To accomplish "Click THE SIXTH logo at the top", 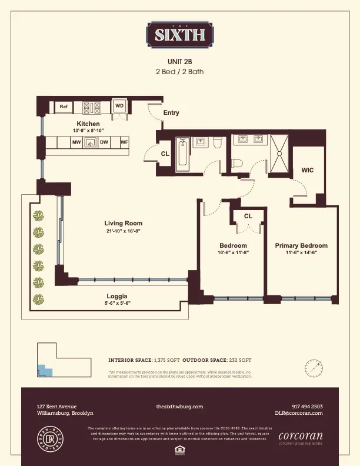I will (x=180, y=34).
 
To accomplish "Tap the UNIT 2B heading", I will (x=180, y=61).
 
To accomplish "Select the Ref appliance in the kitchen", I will (x=64, y=106).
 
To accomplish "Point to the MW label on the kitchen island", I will (x=76, y=142).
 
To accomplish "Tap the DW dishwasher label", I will (x=104, y=142).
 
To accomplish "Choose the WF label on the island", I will (x=124, y=142).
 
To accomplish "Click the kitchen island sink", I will (x=90, y=142).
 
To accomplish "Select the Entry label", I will (x=171, y=112).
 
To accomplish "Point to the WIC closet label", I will (x=307, y=170).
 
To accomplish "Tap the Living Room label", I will (x=124, y=224).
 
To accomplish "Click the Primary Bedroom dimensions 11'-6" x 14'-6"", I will (x=301, y=253).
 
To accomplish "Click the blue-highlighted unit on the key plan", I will (x=42, y=371).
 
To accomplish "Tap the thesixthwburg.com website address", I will (x=179, y=407).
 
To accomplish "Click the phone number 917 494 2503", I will (x=307, y=407).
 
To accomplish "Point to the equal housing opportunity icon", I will (x=179, y=450).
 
